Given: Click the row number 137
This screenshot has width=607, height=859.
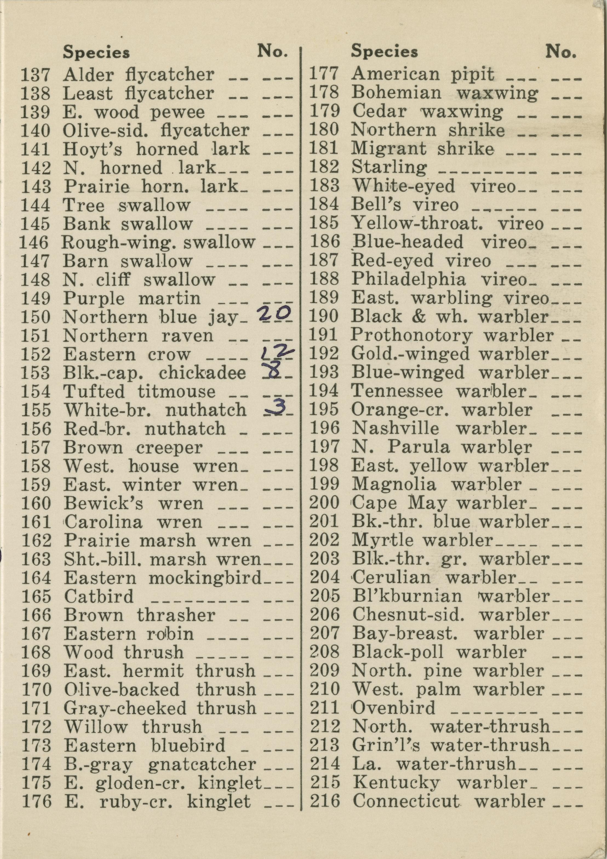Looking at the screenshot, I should point(35,75).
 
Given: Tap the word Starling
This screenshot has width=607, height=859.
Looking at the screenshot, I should point(389,167).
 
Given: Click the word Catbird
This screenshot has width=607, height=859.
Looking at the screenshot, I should point(99,596).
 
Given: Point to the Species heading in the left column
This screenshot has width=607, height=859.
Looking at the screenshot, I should point(96,52).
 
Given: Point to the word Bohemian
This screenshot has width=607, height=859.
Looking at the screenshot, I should point(396,93).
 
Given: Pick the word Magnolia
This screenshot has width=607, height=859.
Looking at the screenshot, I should point(394,484).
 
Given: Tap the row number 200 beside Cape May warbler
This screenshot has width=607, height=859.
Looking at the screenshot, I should point(324,503).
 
